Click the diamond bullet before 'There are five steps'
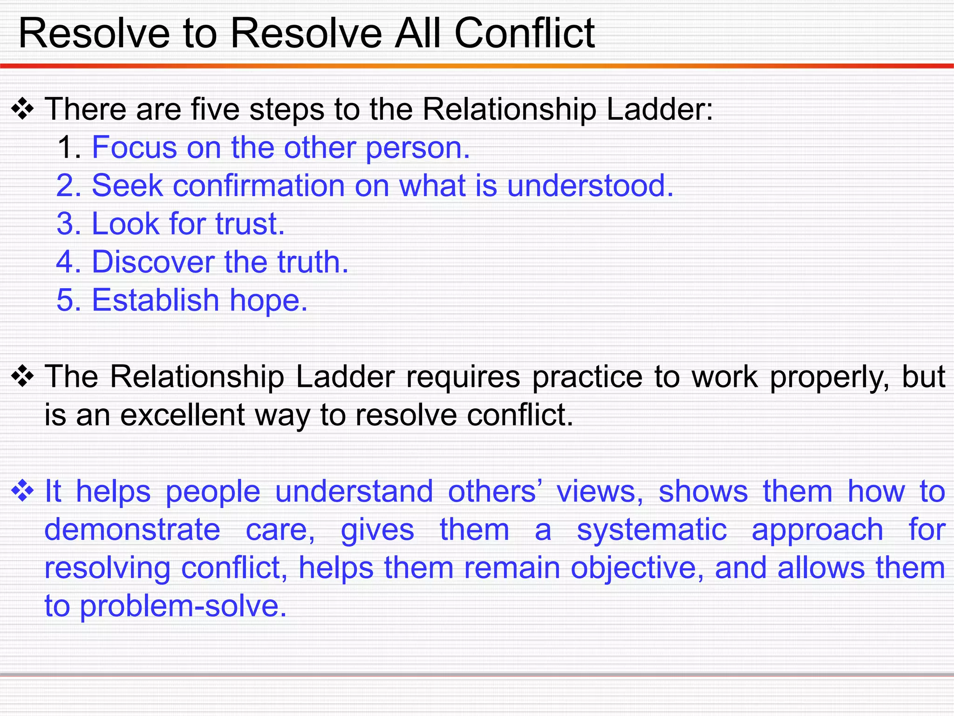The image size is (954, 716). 23,110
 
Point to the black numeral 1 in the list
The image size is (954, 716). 65,148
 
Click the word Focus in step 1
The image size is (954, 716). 134,148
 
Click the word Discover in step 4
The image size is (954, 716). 152,262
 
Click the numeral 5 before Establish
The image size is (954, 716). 65,301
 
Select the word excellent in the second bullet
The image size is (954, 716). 182,415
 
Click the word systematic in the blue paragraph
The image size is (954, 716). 652,530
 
